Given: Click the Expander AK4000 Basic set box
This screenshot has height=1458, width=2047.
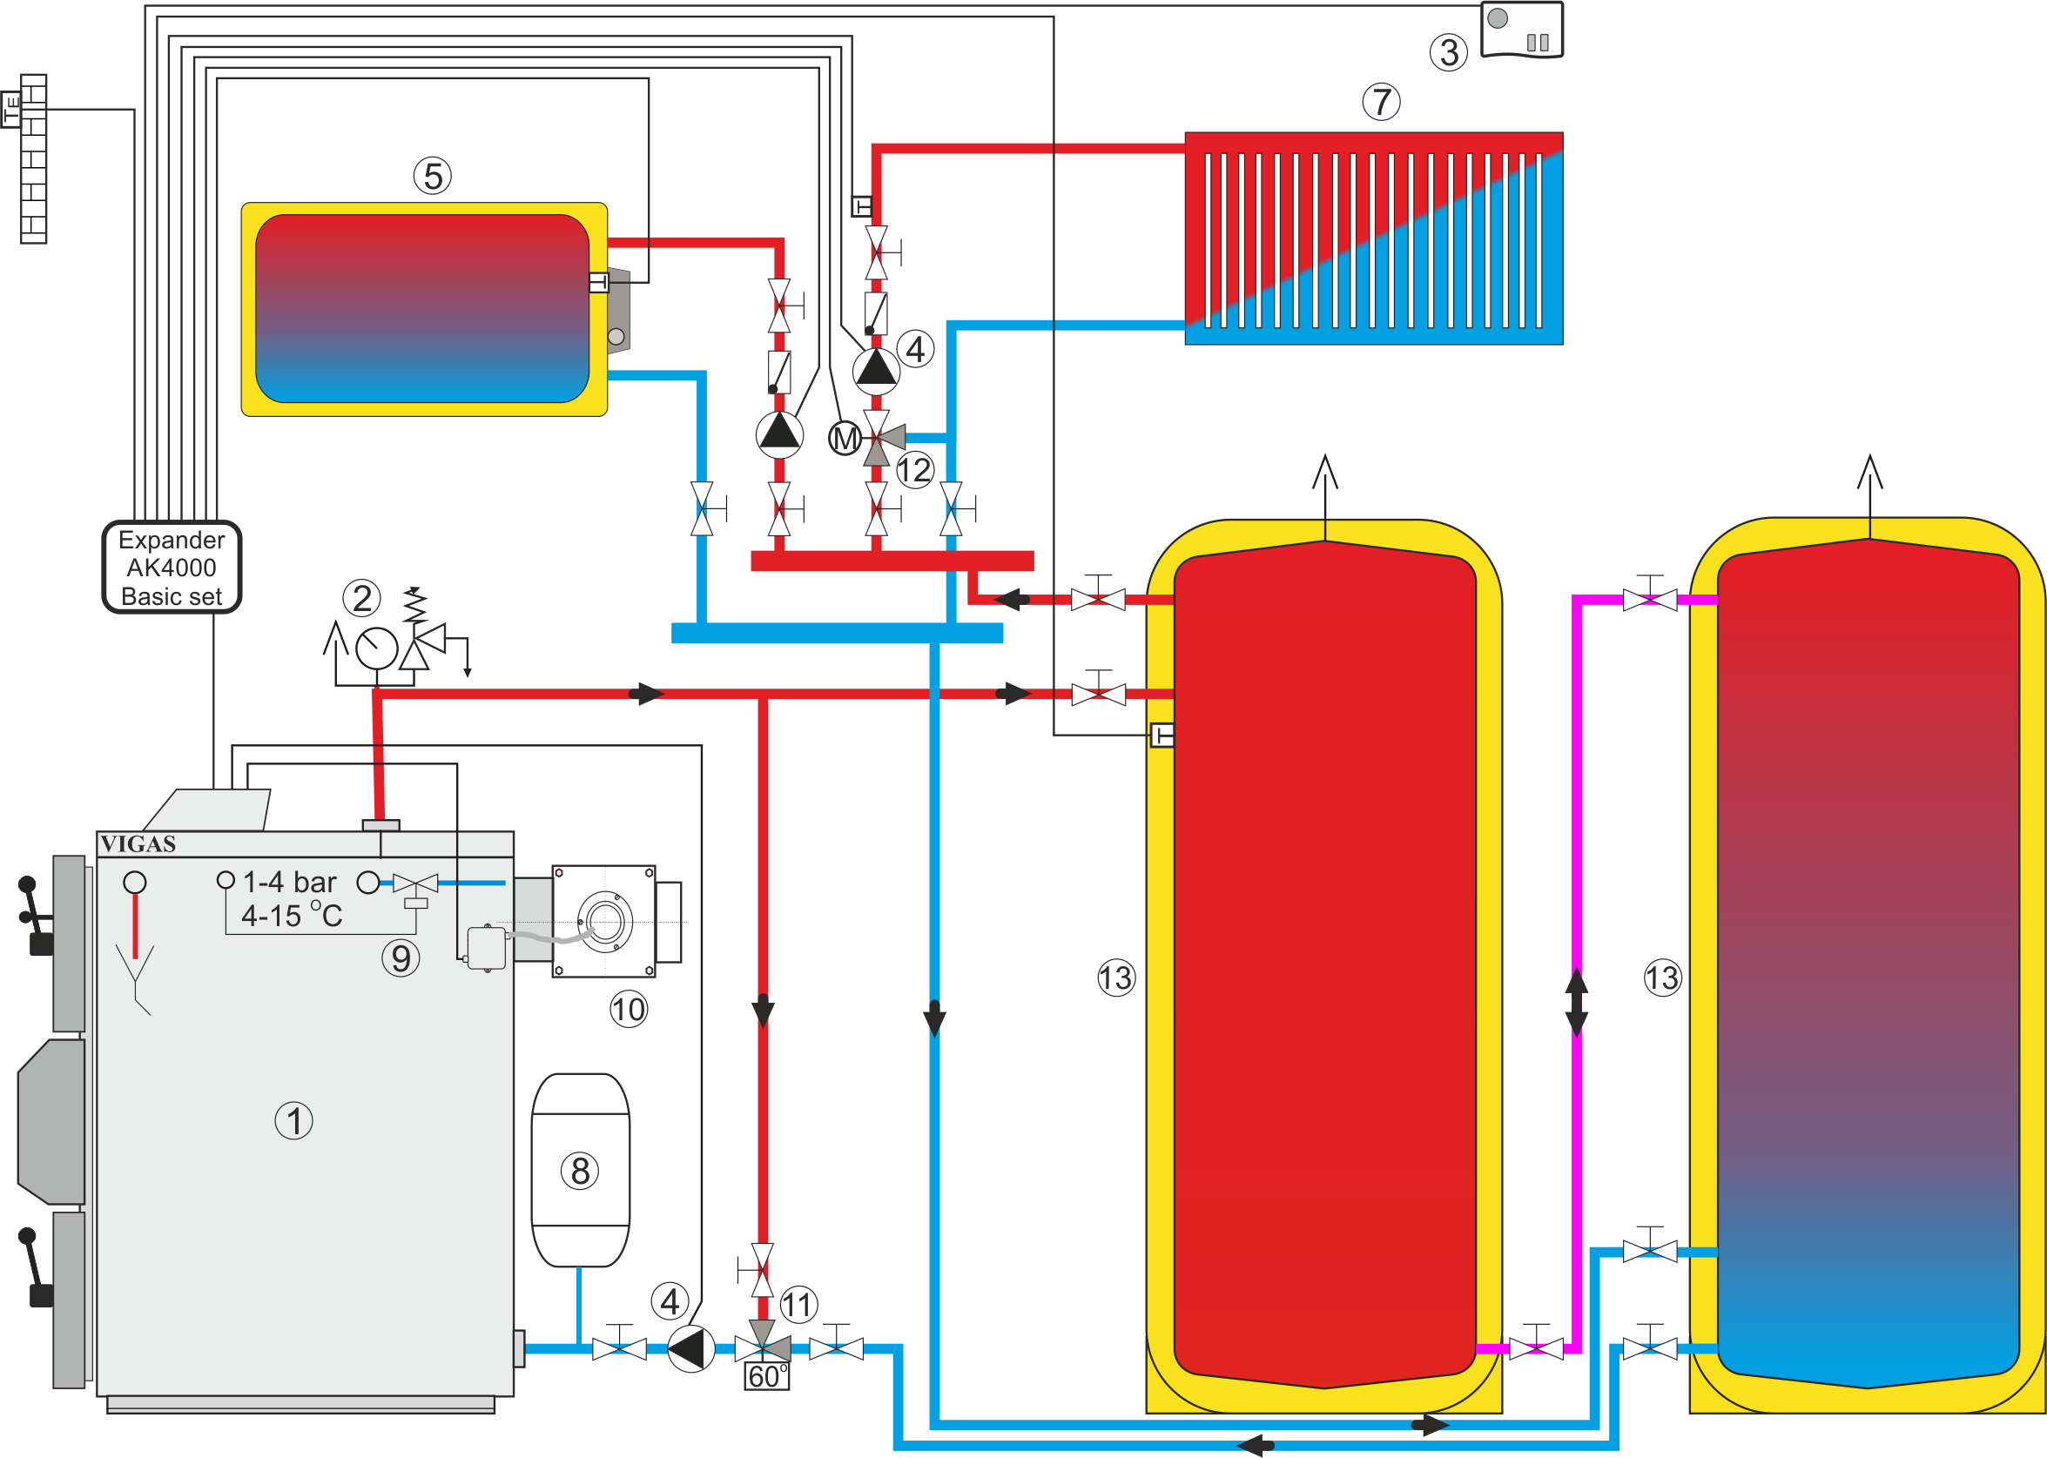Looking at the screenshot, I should click(x=172, y=568).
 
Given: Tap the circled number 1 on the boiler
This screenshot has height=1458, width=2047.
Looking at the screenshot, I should click(x=293, y=1120).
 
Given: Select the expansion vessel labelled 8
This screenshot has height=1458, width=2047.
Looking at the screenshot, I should click(x=580, y=1169).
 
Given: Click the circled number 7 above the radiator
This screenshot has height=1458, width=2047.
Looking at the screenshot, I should click(x=1381, y=102).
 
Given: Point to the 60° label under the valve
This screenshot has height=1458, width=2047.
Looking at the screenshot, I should click(x=767, y=1376).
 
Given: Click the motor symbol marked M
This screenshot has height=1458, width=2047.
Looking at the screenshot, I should click(x=844, y=439).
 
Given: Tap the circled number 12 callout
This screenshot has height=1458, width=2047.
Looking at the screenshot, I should click(x=915, y=469).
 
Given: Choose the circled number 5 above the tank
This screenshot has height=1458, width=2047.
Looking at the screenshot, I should click(x=433, y=176).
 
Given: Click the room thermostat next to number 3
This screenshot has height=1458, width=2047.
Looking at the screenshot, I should click(x=1521, y=30).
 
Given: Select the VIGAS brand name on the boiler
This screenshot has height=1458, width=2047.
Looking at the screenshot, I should click(x=138, y=844).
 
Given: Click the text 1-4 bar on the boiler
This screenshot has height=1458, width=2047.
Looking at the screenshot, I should click(x=289, y=883).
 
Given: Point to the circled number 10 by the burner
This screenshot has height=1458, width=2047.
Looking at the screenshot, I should click(x=629, y=1009).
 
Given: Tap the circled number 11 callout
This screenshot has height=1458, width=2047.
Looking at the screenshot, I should click(x=798, y=1305).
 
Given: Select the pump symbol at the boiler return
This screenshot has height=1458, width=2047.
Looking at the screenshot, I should click(x=691, y=1348).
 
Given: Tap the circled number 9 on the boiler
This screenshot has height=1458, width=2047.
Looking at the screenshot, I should click(x=401, y=958).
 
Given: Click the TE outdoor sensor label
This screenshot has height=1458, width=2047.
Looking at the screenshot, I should click(x=10, y=110).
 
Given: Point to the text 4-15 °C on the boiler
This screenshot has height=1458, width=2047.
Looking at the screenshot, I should click(x=292, y=916).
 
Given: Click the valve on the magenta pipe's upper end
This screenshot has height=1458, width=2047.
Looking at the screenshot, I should click(x=1649, y=598).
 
